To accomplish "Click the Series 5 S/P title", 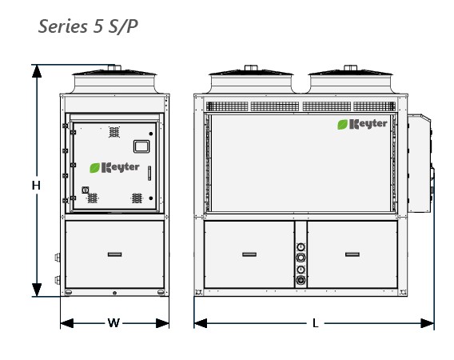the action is click(88, 26).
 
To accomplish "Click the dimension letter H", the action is click(36, 186).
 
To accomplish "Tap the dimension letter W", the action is click(113, 323).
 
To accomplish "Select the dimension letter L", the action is click(316, 323).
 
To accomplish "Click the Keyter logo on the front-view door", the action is click(114, 167).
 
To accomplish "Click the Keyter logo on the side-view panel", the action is click(362, 124).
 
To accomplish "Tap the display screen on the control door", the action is click(141, 146).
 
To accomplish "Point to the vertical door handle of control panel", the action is click(149, 173).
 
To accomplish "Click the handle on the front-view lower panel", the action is click(114, 254).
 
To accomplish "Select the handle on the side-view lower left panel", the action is click(249, 254).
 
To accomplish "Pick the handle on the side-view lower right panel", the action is click(352, 254).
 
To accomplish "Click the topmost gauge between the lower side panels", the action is click(301, 247).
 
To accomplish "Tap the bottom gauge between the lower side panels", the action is click(301, 280).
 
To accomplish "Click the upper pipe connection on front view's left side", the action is click(58, 257).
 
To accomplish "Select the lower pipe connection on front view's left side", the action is click(58, 280).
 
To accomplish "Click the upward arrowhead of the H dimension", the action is click(37, 71).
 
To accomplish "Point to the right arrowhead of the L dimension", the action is click(428, 323).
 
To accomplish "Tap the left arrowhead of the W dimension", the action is click(67, 323).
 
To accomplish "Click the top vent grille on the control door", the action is click(114, 132).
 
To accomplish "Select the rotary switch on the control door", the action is click(85, 190).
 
